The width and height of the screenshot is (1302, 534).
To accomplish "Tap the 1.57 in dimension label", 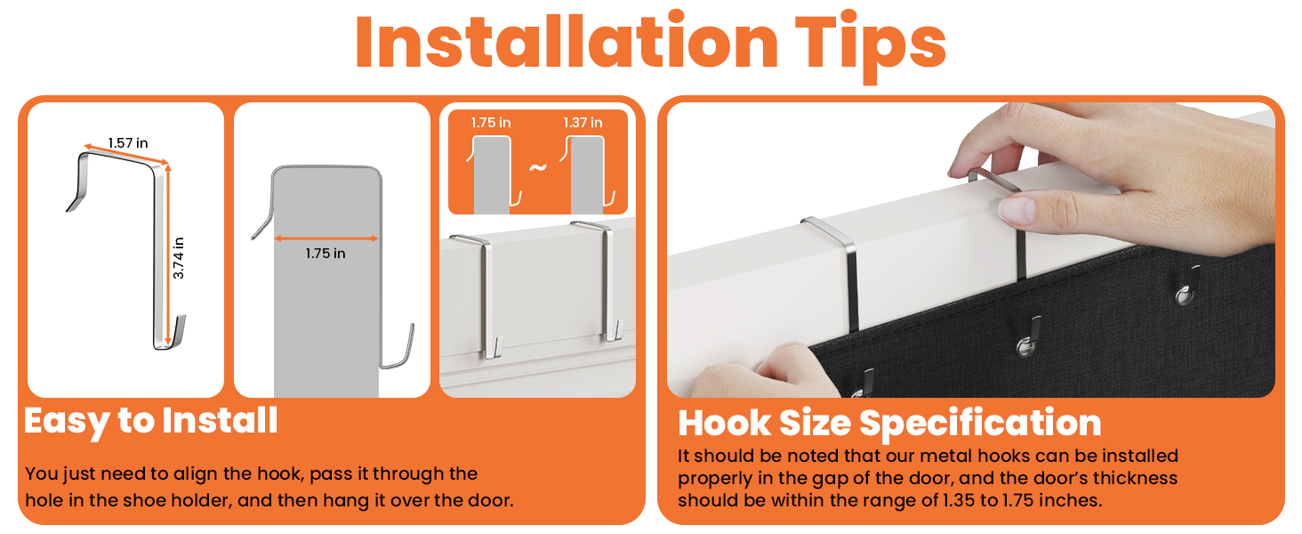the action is click(x=128, y=143).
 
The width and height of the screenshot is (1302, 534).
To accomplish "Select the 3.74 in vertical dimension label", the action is click(x=179, y=258).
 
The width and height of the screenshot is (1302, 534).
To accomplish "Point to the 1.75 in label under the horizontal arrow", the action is click(x=325, y=254).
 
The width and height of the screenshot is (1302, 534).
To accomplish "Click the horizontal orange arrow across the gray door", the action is click(x=326, y=238).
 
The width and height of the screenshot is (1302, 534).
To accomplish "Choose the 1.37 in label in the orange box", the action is click(x=583, y=123).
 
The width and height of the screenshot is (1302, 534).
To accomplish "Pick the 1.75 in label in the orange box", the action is click(x=491, y=123).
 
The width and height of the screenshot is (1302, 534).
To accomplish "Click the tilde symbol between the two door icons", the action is click(x=538, y=167).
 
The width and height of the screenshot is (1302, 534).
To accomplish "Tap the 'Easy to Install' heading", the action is click(x=151, y=421).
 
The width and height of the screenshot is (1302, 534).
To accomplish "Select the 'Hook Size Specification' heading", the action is click(x=889, y=423).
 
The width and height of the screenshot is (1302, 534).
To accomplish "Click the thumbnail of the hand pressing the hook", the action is click(x=970, y=249).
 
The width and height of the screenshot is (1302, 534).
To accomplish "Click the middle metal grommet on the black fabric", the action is click(x=1025, y=347).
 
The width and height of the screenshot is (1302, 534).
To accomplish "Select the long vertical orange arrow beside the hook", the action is click(x=169, y=255).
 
